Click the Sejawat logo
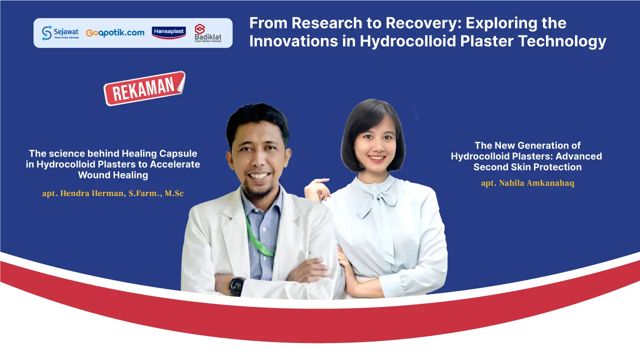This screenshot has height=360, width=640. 60,33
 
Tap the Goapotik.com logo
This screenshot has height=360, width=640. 115,33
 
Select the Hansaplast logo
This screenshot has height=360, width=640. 168,32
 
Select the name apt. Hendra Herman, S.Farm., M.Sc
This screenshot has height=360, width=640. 113,193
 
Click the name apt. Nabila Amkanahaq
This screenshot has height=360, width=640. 527,183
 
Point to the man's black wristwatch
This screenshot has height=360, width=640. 237,286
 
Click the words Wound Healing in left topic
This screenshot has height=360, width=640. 113,175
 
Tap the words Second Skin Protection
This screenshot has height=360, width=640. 527,167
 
